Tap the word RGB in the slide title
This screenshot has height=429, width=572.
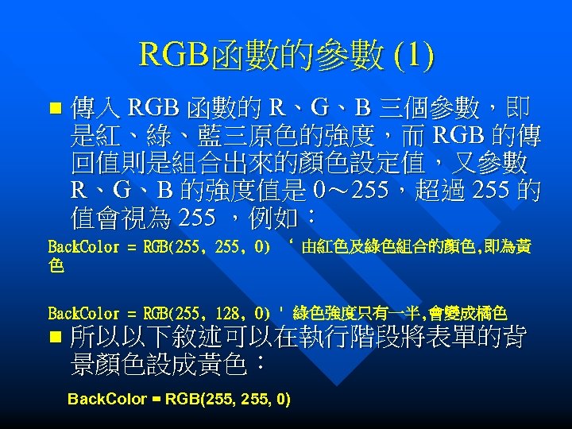171,56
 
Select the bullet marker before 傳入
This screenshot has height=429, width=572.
54,106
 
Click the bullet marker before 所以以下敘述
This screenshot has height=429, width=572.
54,338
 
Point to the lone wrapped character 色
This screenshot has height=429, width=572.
56,267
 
